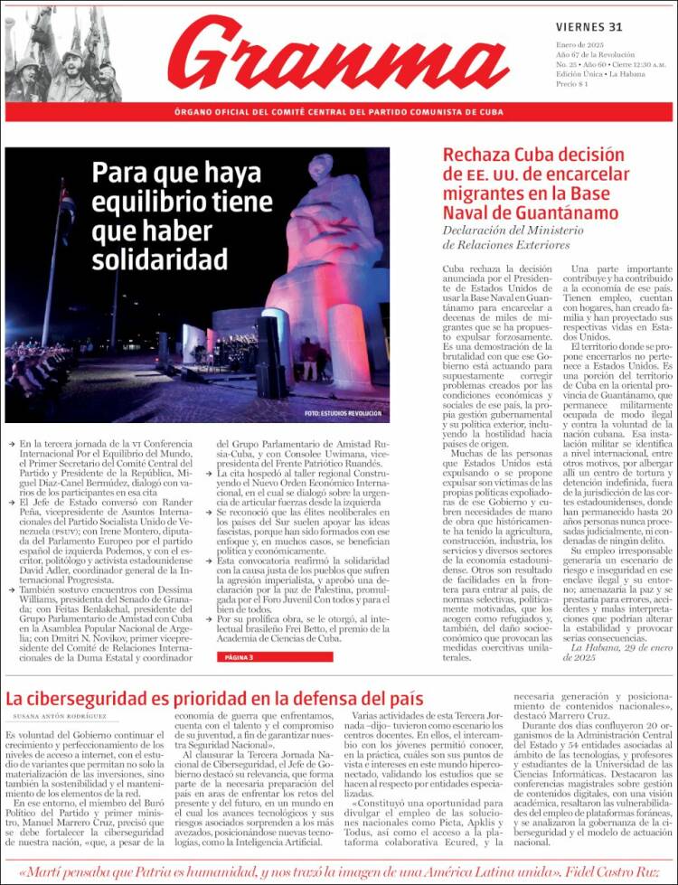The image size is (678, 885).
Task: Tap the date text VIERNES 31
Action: pyautogui.click(x=589, y=27)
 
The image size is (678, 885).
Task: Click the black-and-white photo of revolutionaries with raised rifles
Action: pyautogui.click(x=62, y=54)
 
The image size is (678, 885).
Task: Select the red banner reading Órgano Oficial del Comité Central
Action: pyautogui.click(x=338, y=112)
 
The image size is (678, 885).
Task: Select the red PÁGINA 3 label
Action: pyautogui.click(x=239, y=656)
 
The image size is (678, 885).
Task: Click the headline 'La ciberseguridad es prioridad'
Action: pyautogui.click(x=214, y=698)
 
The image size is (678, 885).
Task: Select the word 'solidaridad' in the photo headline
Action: pyautogui.click(x=159, y=259)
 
